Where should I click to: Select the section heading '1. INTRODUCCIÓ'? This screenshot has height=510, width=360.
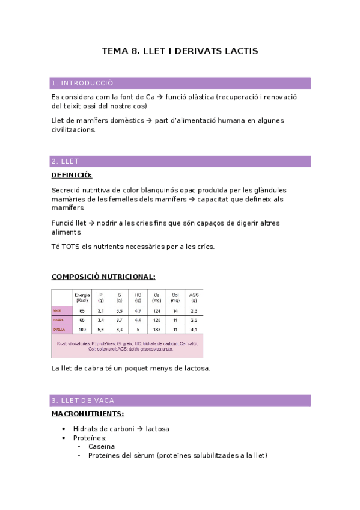(82, 83)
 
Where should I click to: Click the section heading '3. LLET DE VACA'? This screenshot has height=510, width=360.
(83, 400)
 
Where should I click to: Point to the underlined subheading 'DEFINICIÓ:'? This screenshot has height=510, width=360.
(72, 174)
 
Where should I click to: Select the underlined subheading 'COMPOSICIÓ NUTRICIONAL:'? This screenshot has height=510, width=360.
(103, 277)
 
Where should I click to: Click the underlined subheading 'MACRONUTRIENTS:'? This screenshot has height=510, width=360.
(88, 414)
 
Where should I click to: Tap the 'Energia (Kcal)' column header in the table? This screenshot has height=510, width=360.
(82, 297)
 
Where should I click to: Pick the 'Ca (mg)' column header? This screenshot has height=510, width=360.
(157, 297)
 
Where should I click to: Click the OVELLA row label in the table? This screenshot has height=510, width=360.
(58, 329)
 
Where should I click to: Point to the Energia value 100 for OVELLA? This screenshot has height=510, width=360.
(82, 329)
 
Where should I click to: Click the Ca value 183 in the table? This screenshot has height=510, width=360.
(157, 329)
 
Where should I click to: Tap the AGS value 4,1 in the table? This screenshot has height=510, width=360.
(193, 329)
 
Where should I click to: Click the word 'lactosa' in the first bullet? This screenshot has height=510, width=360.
(157, 429)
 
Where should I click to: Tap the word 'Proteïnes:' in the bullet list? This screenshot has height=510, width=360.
(90, 438)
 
